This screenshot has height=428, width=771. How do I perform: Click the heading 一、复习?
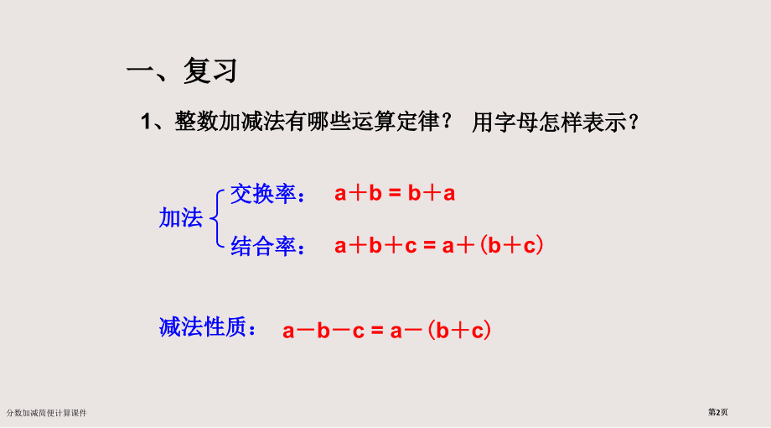(x=182, y=71)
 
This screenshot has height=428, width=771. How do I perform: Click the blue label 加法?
(x=181, y=219)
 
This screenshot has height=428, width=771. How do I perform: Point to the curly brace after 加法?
(x=216, y=218)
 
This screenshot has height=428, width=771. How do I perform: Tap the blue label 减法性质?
(x=206, y=328)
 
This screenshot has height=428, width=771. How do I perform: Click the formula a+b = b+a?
(x=395, y=194)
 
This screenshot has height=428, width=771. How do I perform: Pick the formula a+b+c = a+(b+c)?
(x=440, y=246)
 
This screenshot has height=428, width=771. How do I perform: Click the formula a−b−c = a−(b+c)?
(x=386, y=330)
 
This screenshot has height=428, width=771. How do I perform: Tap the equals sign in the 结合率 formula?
(x=430, y=247)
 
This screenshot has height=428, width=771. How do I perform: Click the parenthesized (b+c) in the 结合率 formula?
(x=513, y=246)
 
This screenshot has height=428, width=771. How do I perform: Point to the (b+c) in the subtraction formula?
(x=458, y=330)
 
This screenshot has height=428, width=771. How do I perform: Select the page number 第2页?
(x=719, y=412)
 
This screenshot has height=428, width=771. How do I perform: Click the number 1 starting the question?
(x=145, y=123)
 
